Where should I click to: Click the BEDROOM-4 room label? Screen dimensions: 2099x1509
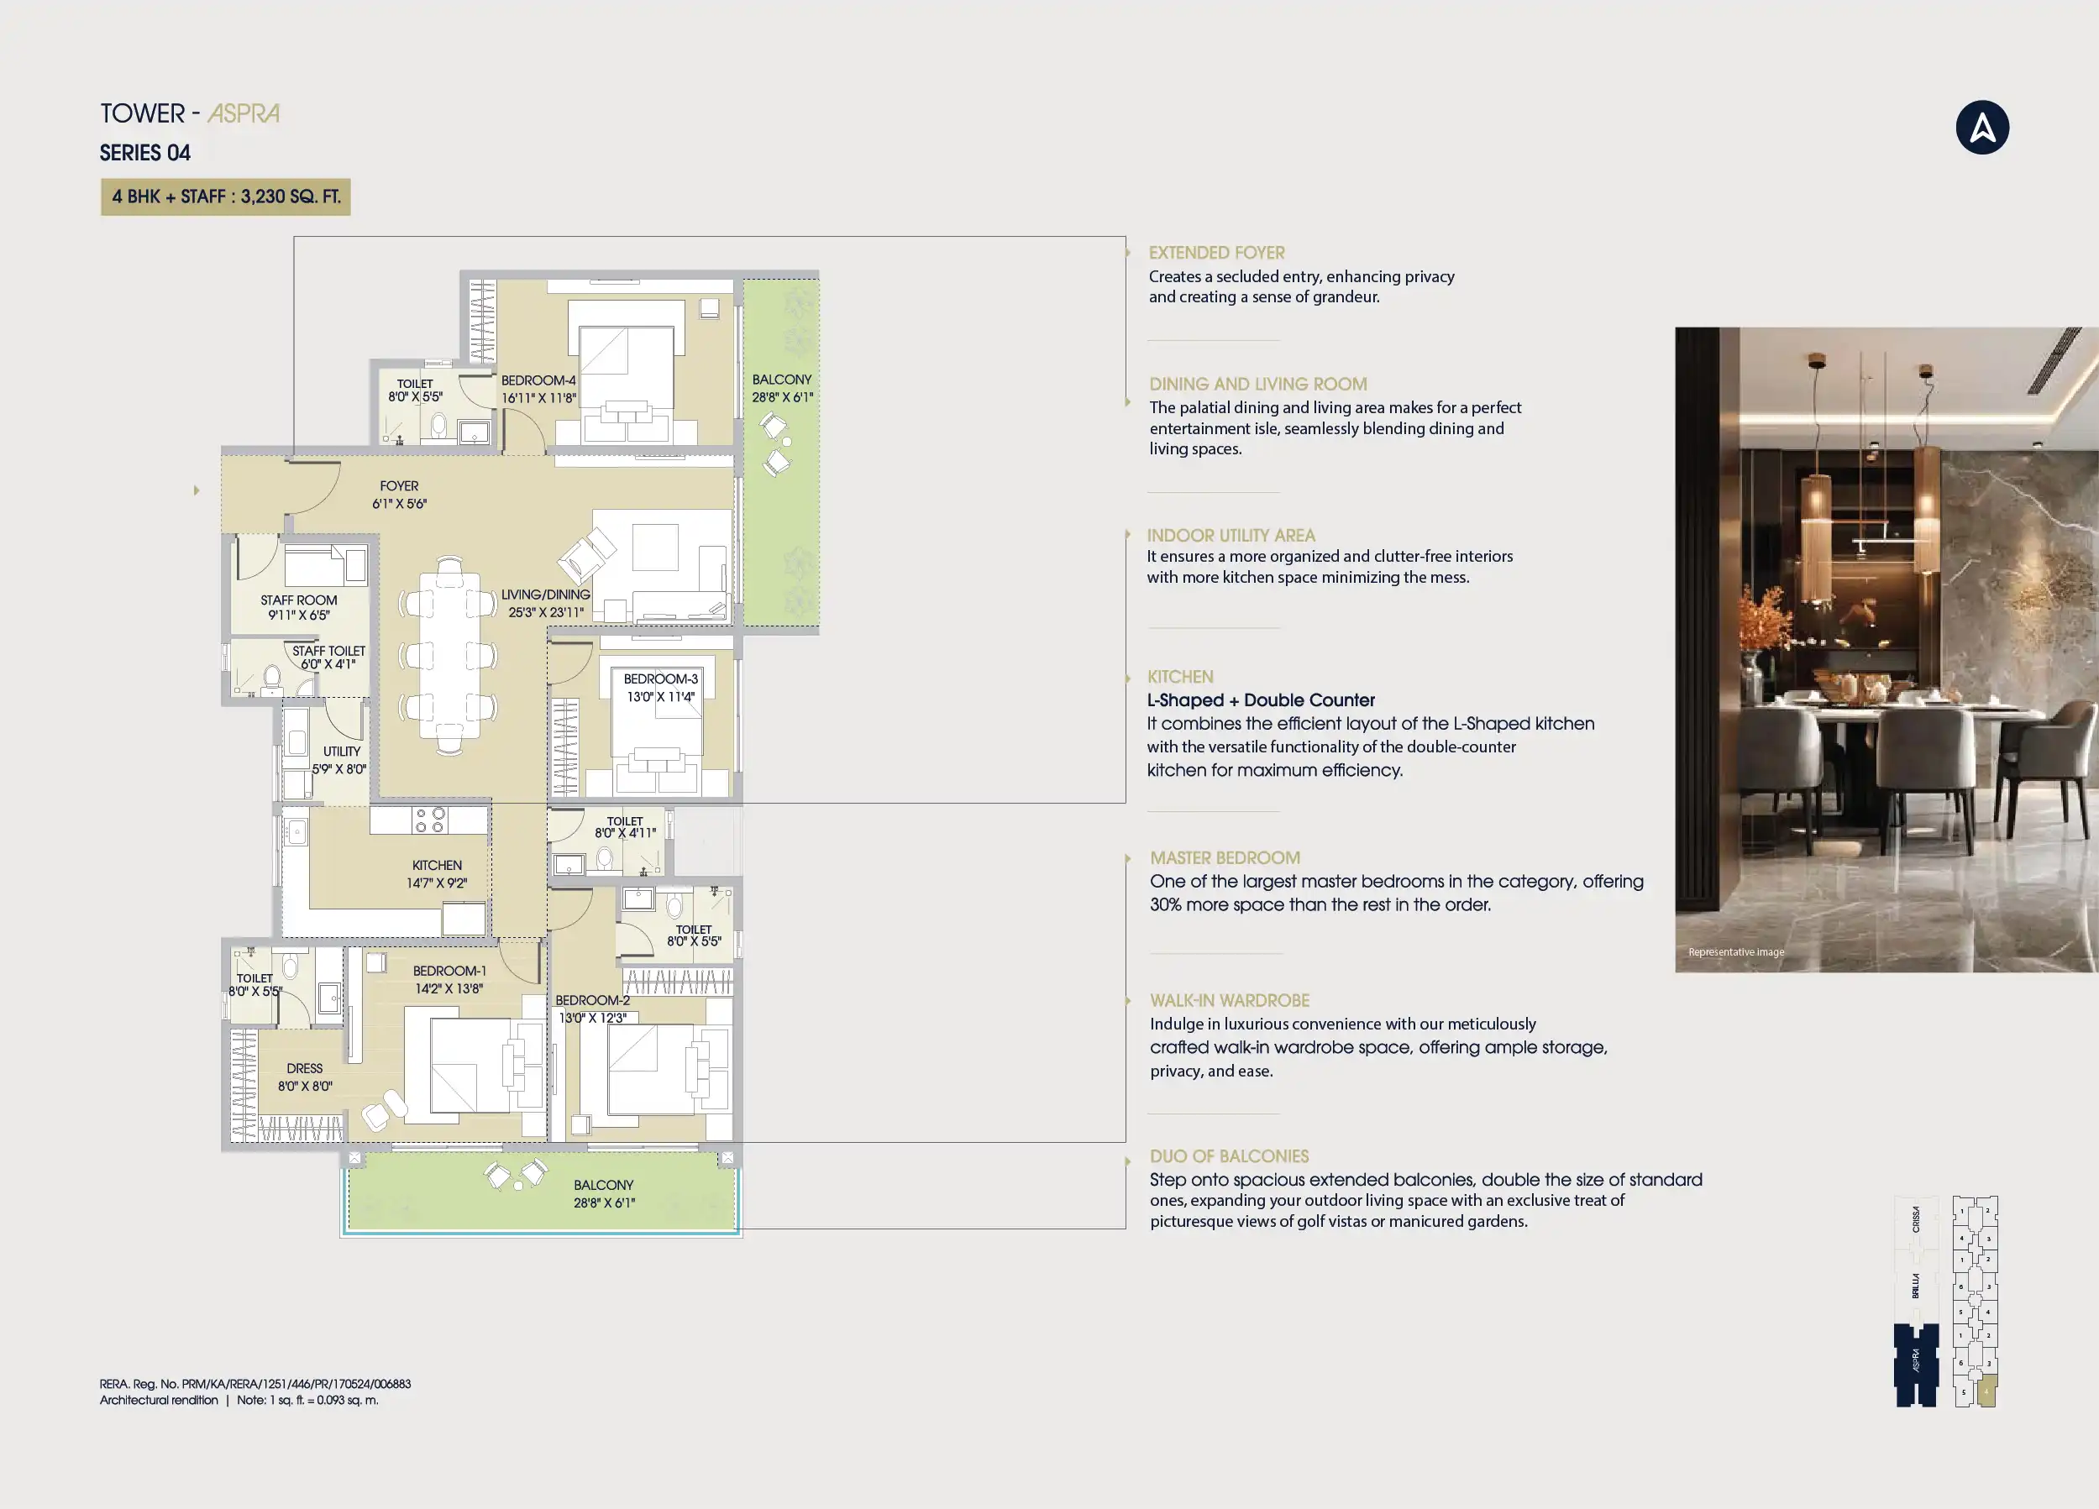click(x=538, y=380)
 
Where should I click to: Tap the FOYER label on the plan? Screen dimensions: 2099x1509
click(x=399, y=485)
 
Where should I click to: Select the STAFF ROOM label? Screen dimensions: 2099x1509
click(x=299, y=600)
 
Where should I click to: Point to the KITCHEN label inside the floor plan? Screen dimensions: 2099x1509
click(x=437, y=865)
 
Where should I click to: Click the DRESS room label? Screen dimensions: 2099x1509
click(x=305, y=1067)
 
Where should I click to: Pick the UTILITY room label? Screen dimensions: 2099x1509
click(x=342, y=752)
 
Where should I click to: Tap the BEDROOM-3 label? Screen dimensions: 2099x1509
click(x=661, y=679)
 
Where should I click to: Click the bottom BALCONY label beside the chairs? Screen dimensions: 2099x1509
click(x=603, y=1184)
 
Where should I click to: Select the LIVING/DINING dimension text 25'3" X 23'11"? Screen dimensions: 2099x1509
click(x=546, y=611)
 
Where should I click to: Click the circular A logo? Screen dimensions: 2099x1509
click(x=1981, y=128)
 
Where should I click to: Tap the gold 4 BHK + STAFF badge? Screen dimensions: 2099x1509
click(x=226, y=197)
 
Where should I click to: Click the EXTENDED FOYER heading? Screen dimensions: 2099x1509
click(x=1216, y=253)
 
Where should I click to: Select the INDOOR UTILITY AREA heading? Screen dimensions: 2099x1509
click(x=1231, y=535)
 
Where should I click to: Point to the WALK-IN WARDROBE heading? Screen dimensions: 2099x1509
click(x=1229, y=1000)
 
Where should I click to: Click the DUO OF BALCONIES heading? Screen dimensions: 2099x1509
click(x=1229, y=1155)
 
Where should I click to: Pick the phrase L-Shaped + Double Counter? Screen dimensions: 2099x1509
click(x=1261, y=700)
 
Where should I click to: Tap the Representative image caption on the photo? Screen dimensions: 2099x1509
click(x=1735, y=952)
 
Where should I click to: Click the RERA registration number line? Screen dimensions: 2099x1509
click(x=255, y=1384)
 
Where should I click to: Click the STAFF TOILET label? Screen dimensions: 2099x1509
click(x=328, y=651)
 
